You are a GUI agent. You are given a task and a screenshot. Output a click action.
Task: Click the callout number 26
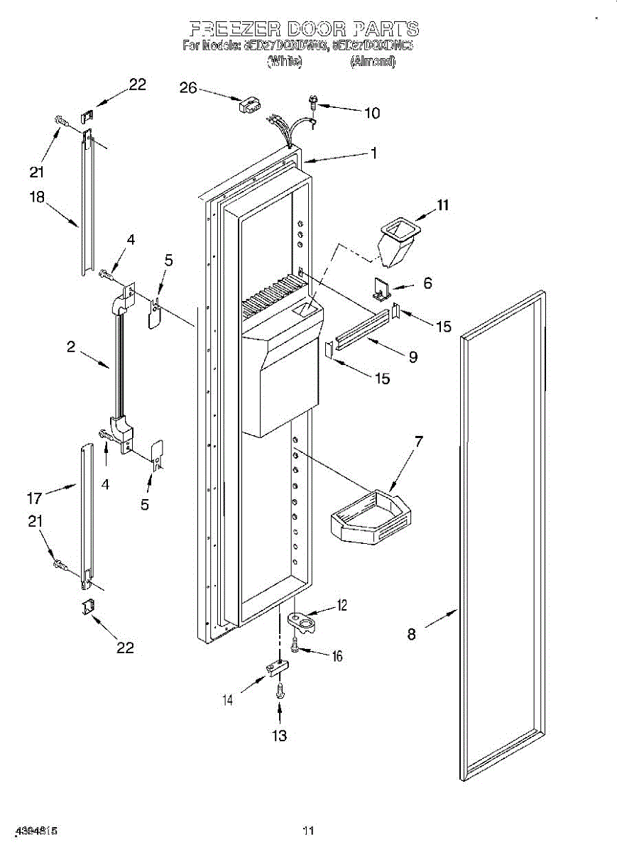pyautogui.click(x=187, y=88)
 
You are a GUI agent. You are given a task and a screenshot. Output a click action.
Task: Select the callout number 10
pyautogui.click(x=371, y=113)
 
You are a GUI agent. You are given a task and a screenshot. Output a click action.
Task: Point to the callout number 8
pyautogui.click(x=412, y=634)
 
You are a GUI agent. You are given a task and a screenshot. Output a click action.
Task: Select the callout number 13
pyautogui.click(x=280, y=736)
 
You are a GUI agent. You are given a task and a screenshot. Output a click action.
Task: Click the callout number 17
pyautogui.click(x=35, y=498)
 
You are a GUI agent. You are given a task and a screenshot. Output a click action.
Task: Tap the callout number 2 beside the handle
pyautogui.click(x=71, y=347)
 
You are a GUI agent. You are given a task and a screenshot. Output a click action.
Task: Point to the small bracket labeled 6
pyautogui.click(x=383, y=288)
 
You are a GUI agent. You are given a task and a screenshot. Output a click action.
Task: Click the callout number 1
pyautogui.click(x=373, y=153)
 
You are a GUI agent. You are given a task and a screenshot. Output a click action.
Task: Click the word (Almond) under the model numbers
pyautogui.click(x=372, y=62)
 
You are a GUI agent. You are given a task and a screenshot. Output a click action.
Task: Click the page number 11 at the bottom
pyautogui.click(x=308, y=830)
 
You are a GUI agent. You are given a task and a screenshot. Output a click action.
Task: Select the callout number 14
pyautogui.click(x=227, y=700)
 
